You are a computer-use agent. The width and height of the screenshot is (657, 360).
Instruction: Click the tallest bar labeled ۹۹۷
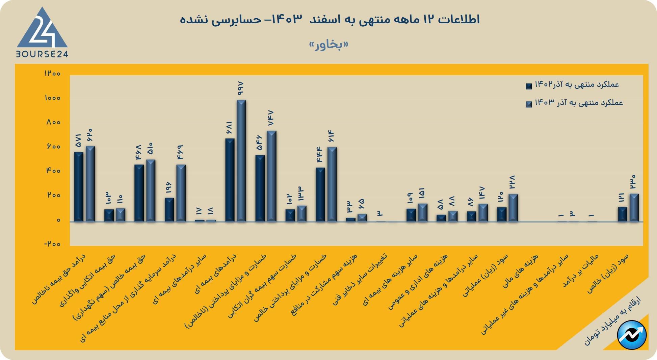coord(241,161)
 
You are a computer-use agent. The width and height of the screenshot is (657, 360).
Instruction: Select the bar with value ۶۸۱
coord(230,180)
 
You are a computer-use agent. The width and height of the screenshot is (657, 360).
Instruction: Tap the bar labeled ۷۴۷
coord(271,176)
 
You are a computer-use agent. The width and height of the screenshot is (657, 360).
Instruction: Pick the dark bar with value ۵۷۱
coord(79,187)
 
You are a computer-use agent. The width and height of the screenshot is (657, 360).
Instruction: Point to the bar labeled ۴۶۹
coord(181,193)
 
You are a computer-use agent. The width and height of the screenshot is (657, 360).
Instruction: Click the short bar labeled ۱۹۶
coord(169,209)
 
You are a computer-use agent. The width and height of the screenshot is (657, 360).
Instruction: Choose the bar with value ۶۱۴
coord(332,184)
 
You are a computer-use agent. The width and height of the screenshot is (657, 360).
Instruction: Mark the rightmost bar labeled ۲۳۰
coord(634,207)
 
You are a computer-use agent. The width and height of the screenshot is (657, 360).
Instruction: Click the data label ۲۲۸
coord(512,183)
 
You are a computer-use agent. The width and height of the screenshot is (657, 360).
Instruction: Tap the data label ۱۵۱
coord(422,193)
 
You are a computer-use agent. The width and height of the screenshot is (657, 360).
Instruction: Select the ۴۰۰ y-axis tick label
coord(53,171)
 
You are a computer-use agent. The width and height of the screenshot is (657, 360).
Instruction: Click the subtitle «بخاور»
coord(328,45)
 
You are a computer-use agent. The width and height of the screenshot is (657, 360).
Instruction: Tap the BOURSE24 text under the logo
coord(42,54)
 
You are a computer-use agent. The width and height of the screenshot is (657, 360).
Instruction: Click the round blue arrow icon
coord(631,335)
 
